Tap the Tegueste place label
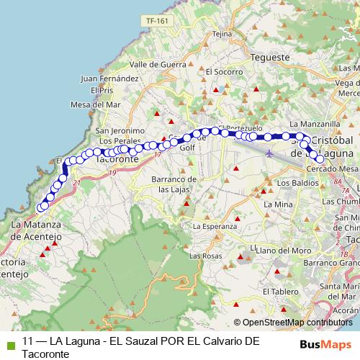tap(270, 57)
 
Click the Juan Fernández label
tap(110, 78)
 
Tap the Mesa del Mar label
tap(95, 104)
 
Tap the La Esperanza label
tap(215, 225)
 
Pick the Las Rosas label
tap(205, 256)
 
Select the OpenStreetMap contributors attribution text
tap(294, 323)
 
